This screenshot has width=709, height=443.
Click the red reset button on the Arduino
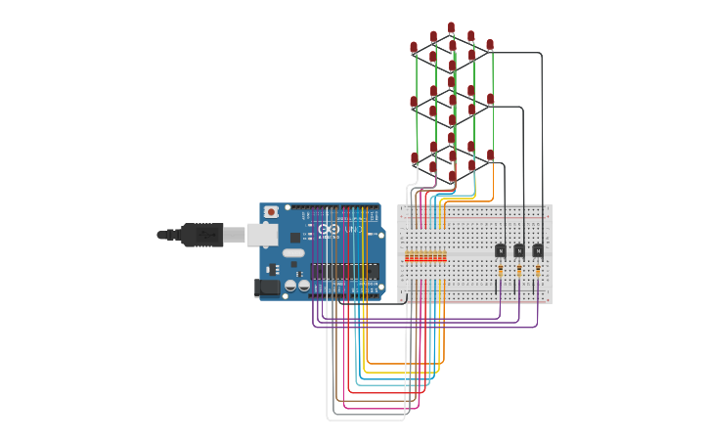271,211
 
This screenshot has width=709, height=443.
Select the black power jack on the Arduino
266,287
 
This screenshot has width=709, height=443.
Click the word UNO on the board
353,229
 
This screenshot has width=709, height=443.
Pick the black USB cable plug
201,235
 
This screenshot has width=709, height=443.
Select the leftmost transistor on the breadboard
500,250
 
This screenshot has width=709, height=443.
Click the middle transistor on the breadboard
518,250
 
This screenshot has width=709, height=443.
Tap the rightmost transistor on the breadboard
537,250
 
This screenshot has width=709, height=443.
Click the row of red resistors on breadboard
425,257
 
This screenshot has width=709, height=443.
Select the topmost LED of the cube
451,27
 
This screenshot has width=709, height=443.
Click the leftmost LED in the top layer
414,47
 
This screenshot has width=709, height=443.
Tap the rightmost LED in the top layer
490,45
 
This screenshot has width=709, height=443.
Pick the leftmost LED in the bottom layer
414,157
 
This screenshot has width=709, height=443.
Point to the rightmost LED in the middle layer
490,99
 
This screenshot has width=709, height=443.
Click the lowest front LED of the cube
452,176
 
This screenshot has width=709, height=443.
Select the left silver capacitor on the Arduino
290,285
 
